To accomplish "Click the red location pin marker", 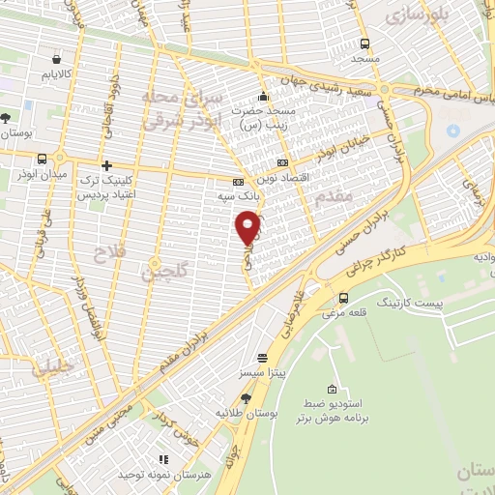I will tap(248, 226).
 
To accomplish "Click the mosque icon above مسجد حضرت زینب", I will tap(263, 97).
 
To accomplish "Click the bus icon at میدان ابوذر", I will tap(42, 160).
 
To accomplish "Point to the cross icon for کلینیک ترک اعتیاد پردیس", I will tap(107, 166).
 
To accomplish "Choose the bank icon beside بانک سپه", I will tap(238, 181).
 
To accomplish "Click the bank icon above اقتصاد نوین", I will tap(282, 162).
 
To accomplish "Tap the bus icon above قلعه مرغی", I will tap(344, 298).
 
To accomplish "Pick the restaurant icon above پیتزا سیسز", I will tap(261, 357).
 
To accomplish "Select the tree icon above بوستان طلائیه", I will tap(247, 397).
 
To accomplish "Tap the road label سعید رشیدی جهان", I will tap(329, 83).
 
